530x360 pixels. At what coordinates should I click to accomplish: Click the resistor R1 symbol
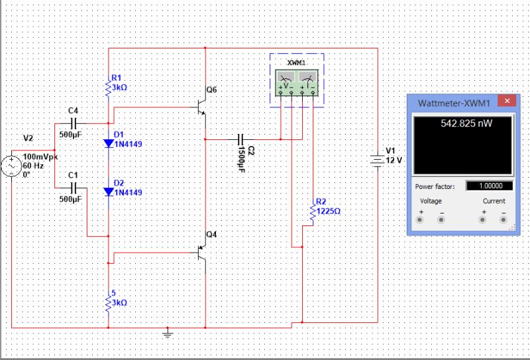pos(109,86)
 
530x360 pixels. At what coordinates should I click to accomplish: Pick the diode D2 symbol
pos(109,192)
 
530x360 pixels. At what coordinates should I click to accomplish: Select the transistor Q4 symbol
pos(201,252)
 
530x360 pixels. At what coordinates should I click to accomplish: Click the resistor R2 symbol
pos(312,212)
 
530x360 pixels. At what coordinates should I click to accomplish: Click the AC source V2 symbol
pos(13,166)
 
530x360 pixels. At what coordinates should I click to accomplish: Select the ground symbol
pos(169,333)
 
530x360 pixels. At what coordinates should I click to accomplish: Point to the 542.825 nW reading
pos(466,123)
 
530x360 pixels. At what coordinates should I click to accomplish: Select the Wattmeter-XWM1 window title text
pos(454,103)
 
